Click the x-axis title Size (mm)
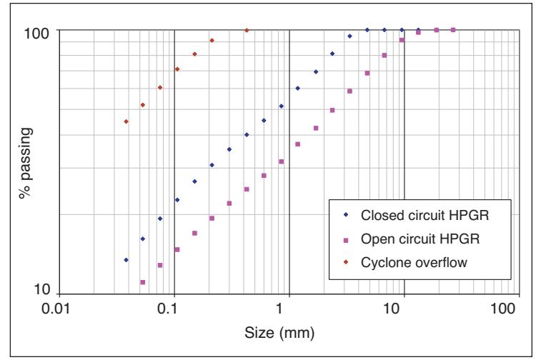(279, 333)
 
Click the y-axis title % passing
(26, 163)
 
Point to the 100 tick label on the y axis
(36, 34)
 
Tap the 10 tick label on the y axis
(42, 289)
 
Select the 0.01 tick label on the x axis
(56, 309)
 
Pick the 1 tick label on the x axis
(280, 309)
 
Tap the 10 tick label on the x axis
(392, 309)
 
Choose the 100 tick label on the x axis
(503, 309)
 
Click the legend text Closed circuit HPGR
(425, 215)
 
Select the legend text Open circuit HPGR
(420, 239)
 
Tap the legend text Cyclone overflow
(414, 262)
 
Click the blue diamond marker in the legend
(346, 215)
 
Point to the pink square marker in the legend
(346, 241)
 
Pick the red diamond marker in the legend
(346, 262)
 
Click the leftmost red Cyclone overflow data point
(126, 121)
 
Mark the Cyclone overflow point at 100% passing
(247, 30)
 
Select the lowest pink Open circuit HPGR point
(143, 282)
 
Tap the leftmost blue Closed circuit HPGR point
(126, 260)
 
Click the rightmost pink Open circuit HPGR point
(453, 30)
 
